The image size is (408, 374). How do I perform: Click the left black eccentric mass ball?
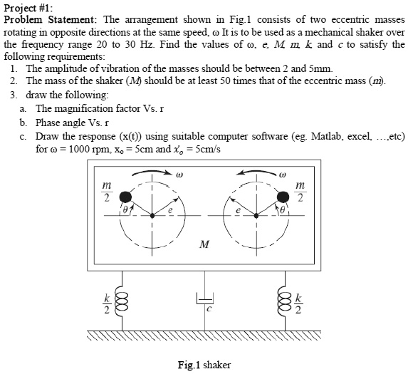point(126,197)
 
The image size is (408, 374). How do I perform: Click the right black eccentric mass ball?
point(283,197)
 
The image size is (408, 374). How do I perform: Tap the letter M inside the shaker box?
point(204,244)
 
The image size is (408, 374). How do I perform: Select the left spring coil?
point(122,301)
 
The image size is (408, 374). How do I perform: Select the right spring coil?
point(285,301)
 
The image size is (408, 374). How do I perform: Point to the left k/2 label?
point(107,303)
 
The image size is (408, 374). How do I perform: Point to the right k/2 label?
point(298,303)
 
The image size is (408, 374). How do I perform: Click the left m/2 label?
point(107,192)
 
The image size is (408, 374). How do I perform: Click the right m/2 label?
point(300,192)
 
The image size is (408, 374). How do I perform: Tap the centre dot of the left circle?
point(152,216)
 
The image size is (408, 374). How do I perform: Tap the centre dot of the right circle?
point(256,216)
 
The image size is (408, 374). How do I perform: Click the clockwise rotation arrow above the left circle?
point(152,172)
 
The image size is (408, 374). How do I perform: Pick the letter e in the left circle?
point(170,210)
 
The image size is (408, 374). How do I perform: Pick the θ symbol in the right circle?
point(282,209)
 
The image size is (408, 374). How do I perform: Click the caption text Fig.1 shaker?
point(204,365)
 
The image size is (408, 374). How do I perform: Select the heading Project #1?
point(28,8)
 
